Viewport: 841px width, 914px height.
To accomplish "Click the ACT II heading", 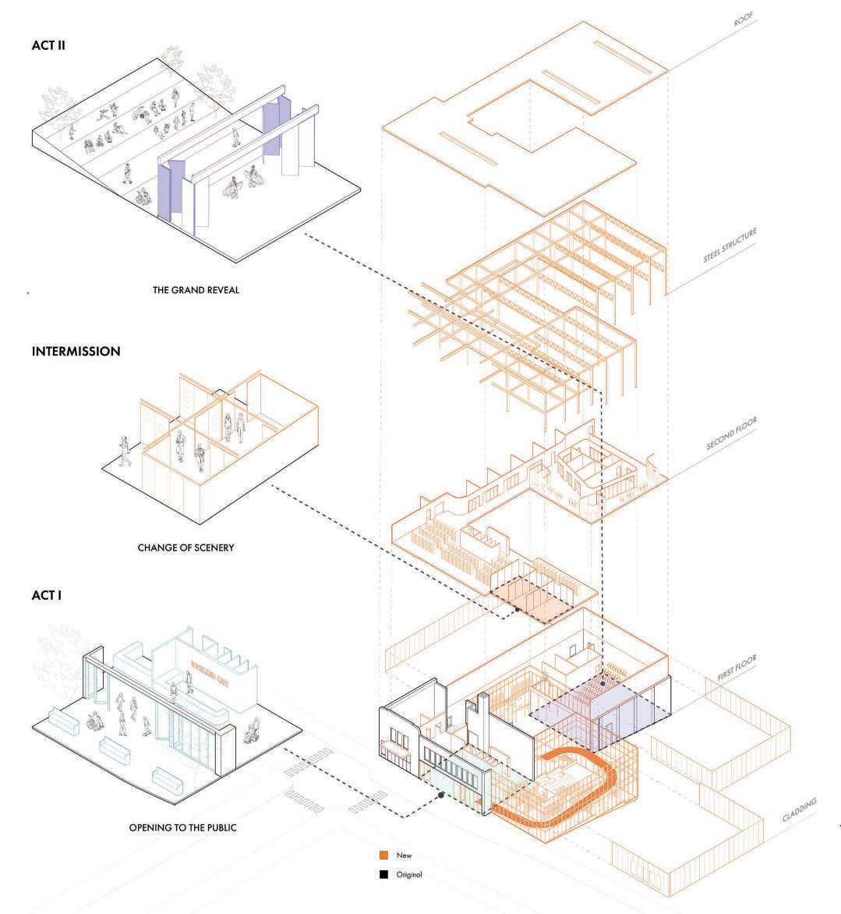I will [48, 46].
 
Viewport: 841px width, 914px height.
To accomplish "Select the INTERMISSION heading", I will [76, 352].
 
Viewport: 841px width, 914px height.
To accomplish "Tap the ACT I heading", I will [46, 595].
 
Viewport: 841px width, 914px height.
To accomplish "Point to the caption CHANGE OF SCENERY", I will [186, 547].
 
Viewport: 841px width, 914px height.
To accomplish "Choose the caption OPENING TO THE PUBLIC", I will [182, 827].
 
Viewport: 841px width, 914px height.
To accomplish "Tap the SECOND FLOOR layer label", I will [731, 435].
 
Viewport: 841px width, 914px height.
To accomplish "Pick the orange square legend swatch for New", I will [383, 855].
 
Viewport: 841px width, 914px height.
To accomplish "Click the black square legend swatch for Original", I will [383, 874].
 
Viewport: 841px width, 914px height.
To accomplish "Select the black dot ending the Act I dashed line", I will [442, 795].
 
